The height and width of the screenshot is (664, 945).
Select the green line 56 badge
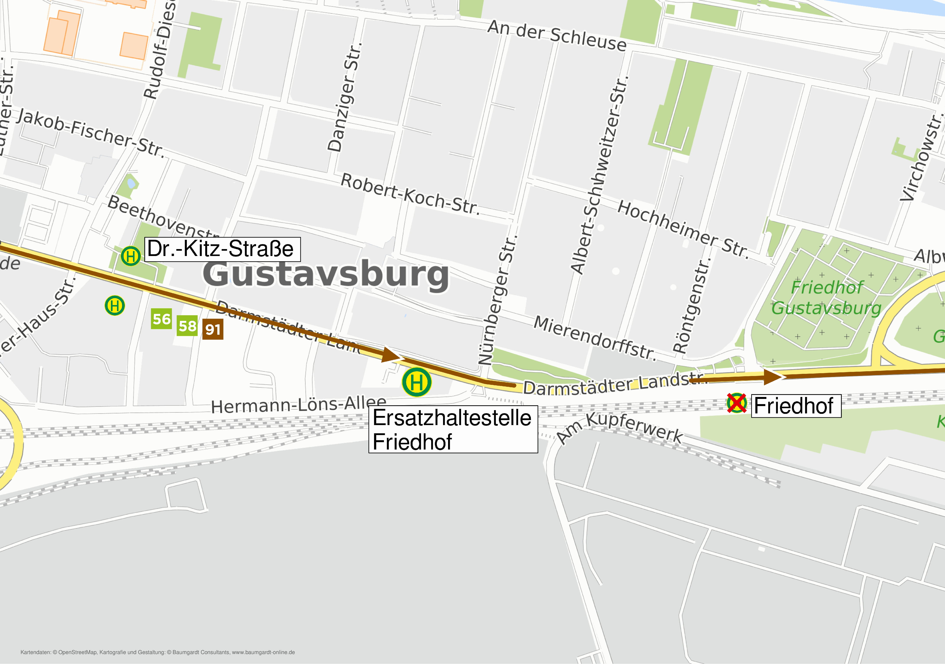(161, 319)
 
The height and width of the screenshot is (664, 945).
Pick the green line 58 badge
(187, 326)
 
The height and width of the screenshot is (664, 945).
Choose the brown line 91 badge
(213, 329)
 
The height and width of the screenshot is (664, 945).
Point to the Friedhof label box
(796, 406)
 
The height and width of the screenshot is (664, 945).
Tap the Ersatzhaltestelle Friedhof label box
(453, 429)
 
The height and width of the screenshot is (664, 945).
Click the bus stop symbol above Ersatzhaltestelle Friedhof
(416, 382)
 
